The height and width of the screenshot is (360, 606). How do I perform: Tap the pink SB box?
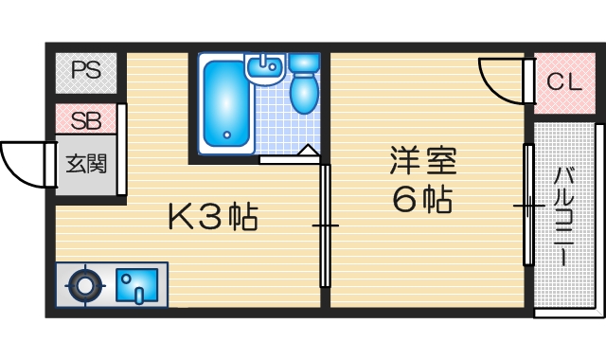tap(86, 120)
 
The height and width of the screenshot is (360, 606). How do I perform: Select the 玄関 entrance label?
tap(85, 163)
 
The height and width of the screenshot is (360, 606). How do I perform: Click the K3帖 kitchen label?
tap(213, 218)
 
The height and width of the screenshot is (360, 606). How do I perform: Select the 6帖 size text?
tap(422, 200)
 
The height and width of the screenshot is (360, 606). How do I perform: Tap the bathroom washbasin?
tap(265, 67)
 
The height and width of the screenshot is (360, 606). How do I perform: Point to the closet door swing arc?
tap(500, 78)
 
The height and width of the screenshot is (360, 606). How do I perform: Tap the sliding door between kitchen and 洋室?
tap(325, 225)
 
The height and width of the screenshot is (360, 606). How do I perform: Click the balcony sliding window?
tap(528, 205)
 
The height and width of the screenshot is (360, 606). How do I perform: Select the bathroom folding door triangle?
tap(309, 151)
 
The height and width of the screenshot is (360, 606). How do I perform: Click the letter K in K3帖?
tap(180, 218)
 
